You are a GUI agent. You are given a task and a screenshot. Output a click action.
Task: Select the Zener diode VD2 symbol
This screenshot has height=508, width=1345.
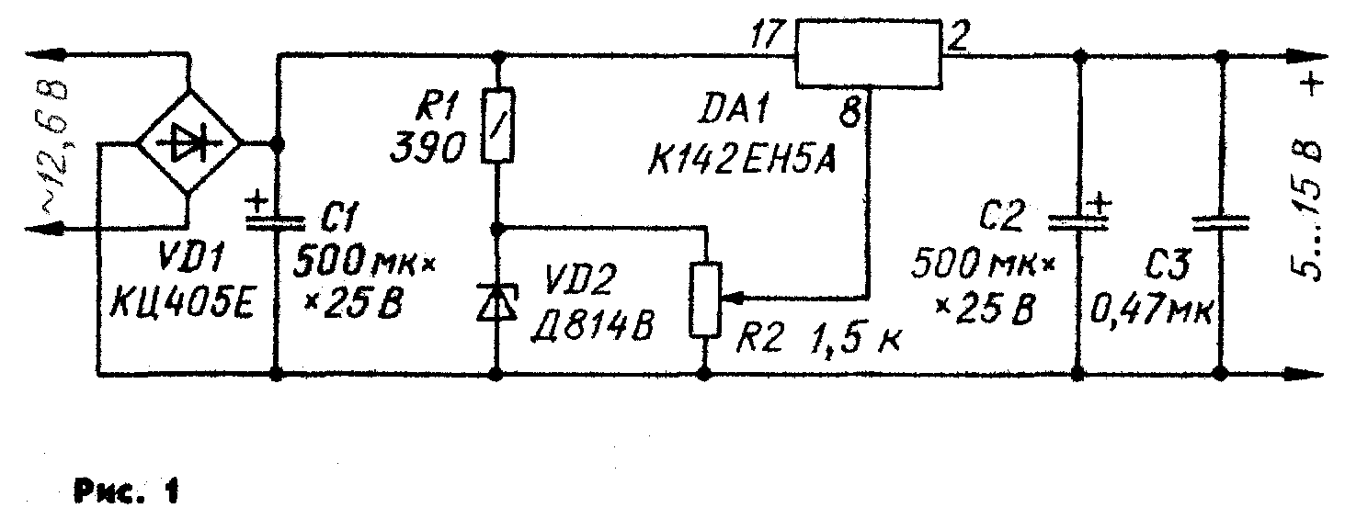497,300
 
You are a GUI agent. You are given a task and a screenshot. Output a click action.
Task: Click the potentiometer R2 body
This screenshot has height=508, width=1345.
704,299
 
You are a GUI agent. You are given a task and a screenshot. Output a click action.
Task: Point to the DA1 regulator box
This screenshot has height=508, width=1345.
868,54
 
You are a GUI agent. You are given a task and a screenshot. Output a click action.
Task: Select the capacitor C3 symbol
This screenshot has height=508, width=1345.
1219,220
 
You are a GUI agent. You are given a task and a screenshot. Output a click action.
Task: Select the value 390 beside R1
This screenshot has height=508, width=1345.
425,150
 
